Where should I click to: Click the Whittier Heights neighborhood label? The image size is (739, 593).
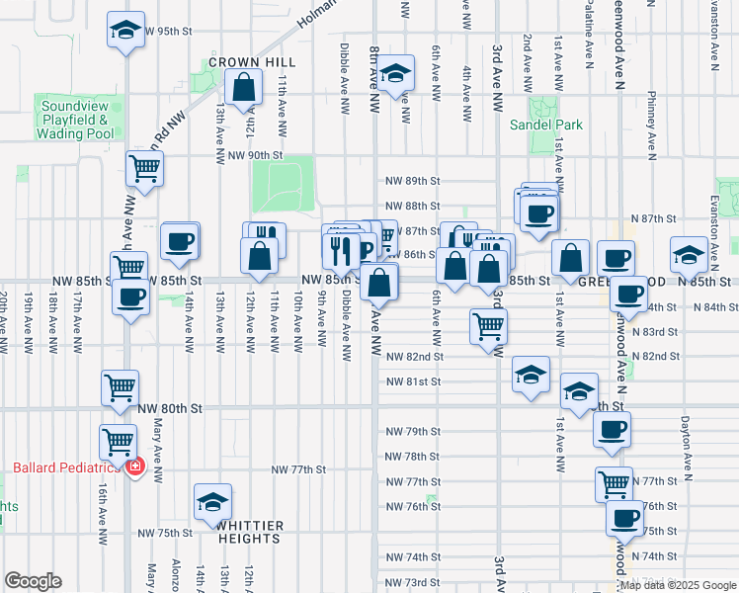pyautogui.click(x=251, y=532)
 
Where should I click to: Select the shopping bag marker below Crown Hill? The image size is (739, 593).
pyautogui.click(x=243, y=88)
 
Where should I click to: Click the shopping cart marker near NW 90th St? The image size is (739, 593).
pyautogui.click(x=144, y=169)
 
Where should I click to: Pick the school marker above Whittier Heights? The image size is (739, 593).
pyautogui.click(x=212, y=501)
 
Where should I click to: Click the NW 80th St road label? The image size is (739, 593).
pyautogui.click(x=170, y=407)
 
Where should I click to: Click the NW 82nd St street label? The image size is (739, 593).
pyautogui.click(x=414, y=356)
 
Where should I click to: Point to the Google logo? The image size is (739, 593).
pyautogui.click(x=33, y=580)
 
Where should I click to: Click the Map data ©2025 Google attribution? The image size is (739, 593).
pyautogui.click(x=677, y=586)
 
